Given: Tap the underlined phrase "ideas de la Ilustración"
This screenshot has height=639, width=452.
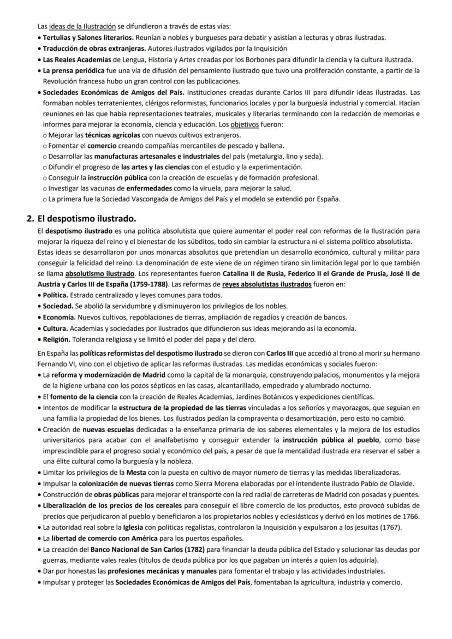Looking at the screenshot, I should [x=82, y=26].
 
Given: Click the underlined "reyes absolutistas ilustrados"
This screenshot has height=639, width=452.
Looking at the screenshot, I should [x=267, y=284].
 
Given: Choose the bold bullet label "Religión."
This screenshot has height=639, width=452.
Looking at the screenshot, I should [x=60, y=339].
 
